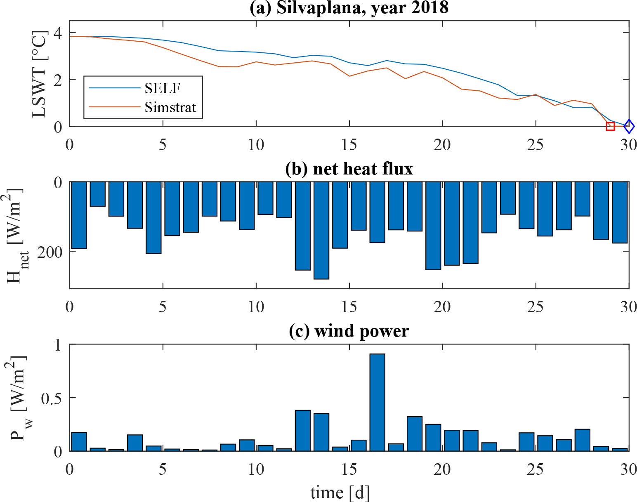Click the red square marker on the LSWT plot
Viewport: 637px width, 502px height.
(x=610, y=126)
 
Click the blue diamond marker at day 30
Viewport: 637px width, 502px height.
(x=629, y=126)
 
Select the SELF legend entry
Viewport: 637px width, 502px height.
(x=162, y=88)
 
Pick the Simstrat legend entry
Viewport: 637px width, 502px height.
(x=170, y=107)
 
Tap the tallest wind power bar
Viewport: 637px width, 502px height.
(x=377, y=402)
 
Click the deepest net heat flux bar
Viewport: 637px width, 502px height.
(x=321, y=230)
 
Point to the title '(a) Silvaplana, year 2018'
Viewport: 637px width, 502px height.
(x=349, y=8)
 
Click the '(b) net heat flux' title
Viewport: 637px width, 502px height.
(x=349, y=169)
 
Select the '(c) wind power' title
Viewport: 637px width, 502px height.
(x=349, y=331)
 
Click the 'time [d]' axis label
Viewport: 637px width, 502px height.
(x=340, y=493)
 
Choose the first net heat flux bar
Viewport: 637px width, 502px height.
(x=79, y=215)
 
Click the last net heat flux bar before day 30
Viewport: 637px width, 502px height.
(x=620, y=212)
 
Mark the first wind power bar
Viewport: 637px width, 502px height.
(x=79, y=442)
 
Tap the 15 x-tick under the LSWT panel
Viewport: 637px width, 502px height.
(x=349, y=144)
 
